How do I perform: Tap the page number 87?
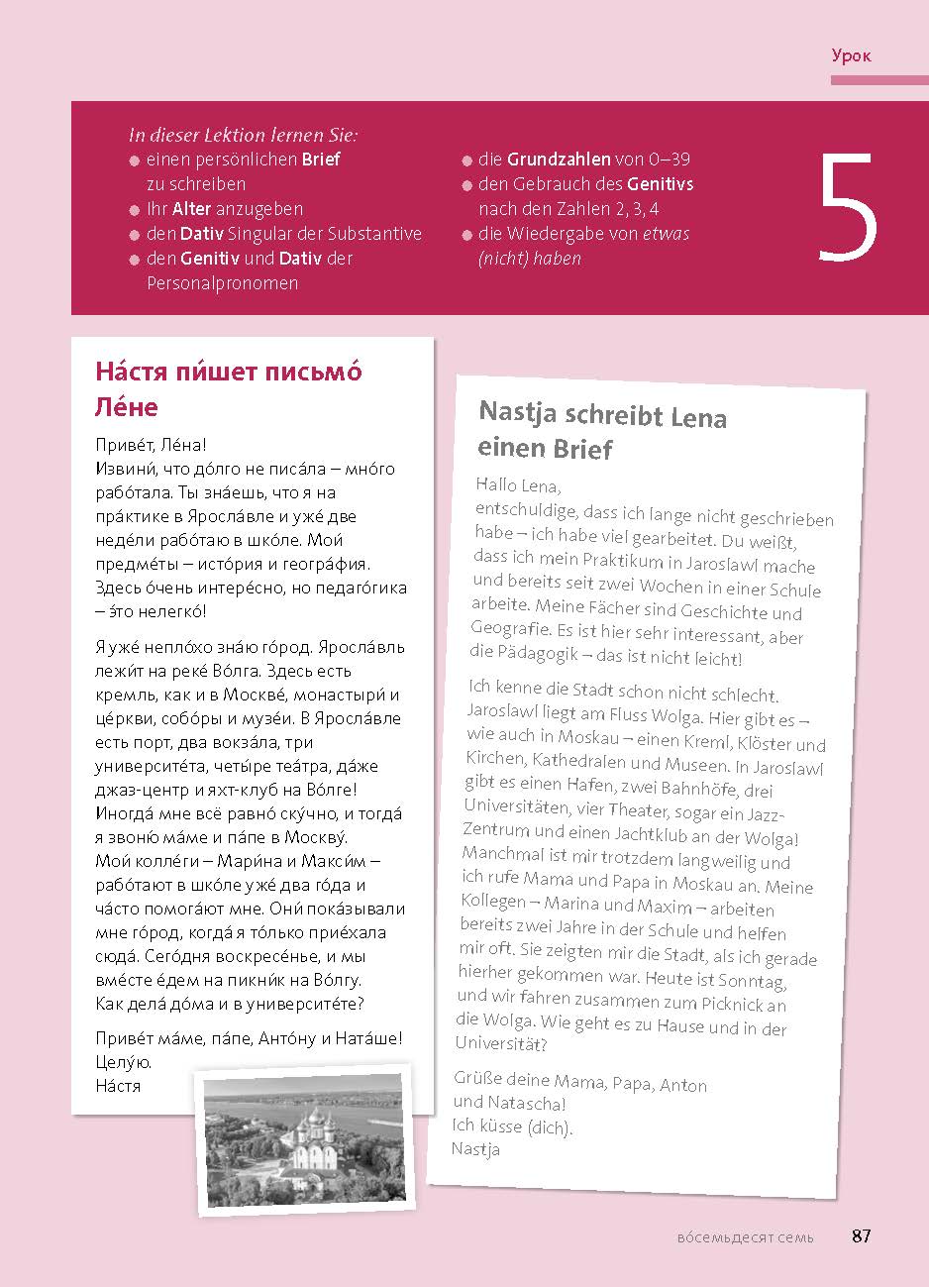tap(861, 1235)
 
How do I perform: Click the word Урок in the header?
tap(851, 55)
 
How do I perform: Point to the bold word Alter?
tap(191, 209)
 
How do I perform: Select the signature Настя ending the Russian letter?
tap(118, 1086)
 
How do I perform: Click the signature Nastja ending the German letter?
tap(475, 1149)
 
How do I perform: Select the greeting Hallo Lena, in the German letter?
tap(518, 486)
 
